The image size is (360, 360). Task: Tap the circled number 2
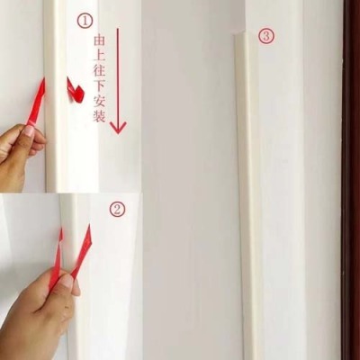pyautogui.click(x=117, y=209)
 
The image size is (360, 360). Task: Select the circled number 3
pyautogui.click(x=266, y=37)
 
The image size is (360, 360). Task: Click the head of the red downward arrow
pyautogui.click(x=118, y=128)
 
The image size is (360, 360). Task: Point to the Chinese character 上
pyautogui.click(x=99, y=57)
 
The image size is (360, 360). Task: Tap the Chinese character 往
pyautogui.click(x=99, y=72)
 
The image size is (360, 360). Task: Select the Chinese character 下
pyautogui.click(x=99, y=87)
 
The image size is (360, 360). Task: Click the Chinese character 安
pyautogui.click(x=99, y=103)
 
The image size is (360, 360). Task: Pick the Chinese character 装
pyautogui.click(x=99, y=117)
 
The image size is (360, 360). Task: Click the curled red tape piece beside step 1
pyautogui.click(x=75, y=91)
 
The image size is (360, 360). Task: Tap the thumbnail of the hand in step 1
pyautogui.click(x=29, y=131)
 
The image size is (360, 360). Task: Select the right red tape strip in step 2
pyautogui.click(x=81, y=251)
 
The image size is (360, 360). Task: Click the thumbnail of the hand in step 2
pyautogui.click(x=67, y=282)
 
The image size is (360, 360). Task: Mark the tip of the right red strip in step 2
pyautogui.click(x=89, y=224)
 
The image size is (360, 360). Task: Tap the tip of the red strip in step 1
pyautogui.click(x=44, y=77)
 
